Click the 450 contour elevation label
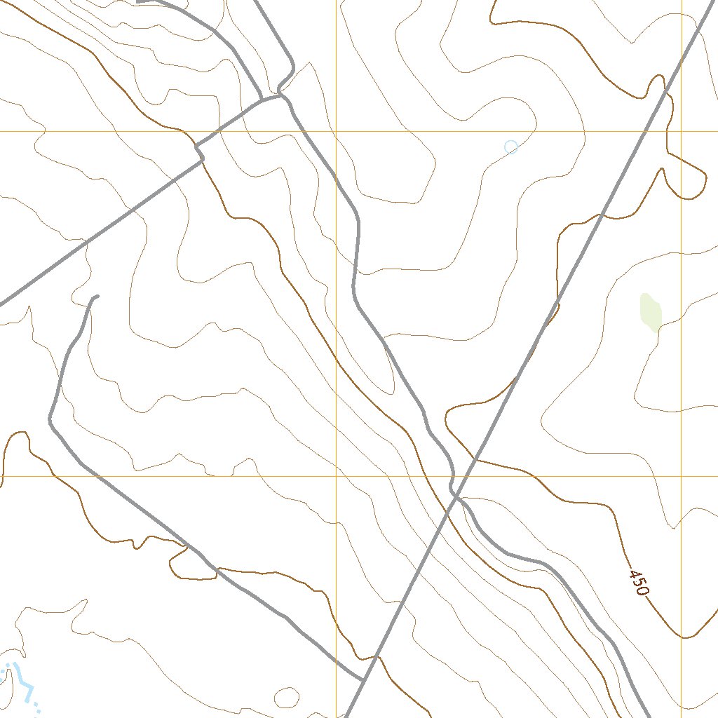tap(638, 583)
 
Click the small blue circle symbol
tap(511, 147)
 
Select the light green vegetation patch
tap(651, 313)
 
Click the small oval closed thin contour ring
tap(286, 697)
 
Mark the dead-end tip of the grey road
tap(97, 296)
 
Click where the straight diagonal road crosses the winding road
tap(454, 494)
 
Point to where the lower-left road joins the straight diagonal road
tap(363, 679)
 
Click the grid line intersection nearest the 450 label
tap(681, 476)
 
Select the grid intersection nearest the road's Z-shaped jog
tap(336, 131)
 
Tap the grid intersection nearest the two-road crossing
tap(336, 476)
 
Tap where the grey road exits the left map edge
tap(1, 304)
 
